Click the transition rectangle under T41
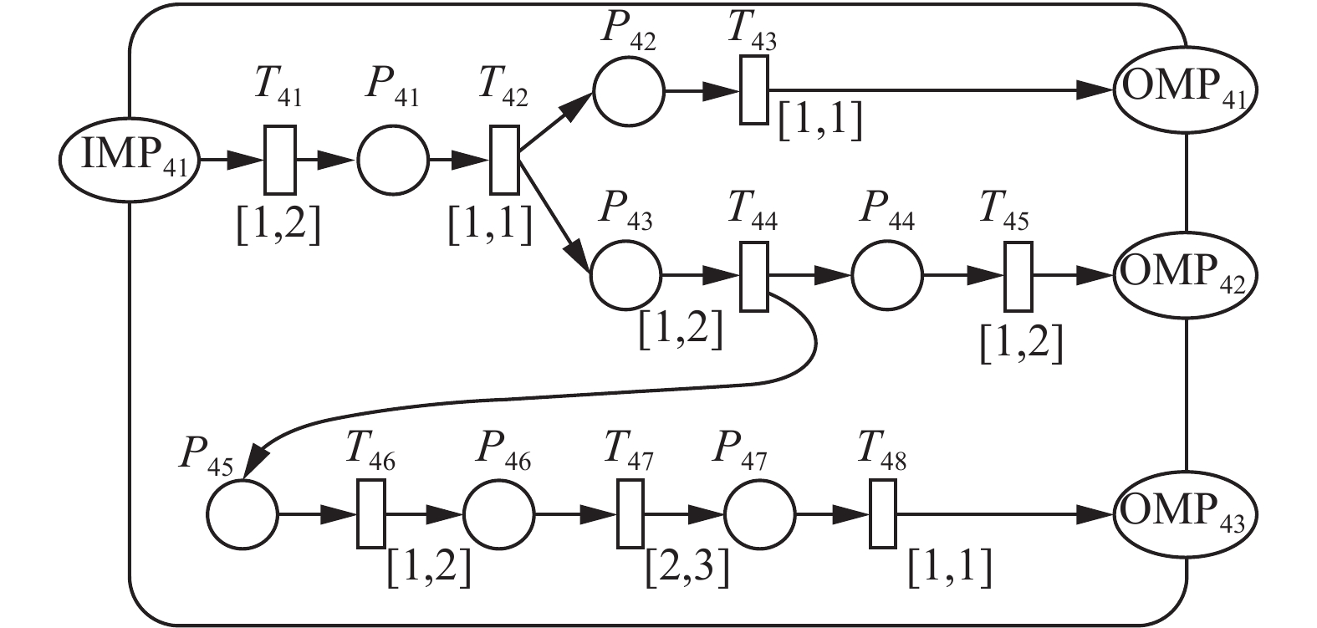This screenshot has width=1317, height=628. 280,160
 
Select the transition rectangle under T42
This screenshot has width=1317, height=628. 504,160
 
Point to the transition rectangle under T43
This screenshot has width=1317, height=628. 753,89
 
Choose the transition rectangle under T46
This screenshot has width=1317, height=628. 372,514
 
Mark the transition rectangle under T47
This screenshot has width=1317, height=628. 630,514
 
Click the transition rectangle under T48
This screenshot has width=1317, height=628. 882,514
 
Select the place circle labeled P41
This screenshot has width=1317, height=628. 393,160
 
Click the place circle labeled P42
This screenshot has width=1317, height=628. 629,89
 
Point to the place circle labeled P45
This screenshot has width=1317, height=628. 242,514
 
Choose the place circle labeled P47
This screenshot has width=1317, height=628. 759,514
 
